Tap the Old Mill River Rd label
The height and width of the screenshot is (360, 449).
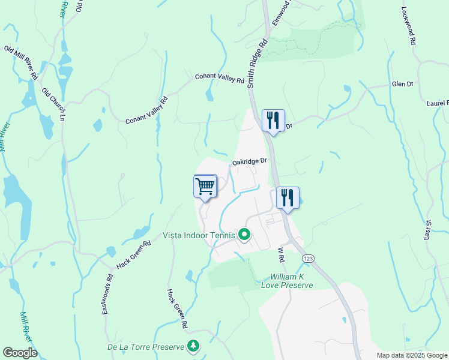(22, 62)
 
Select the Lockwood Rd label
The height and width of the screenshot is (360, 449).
(409, 26)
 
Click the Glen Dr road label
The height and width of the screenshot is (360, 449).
(402, 84)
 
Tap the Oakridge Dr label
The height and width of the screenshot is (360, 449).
(249, 161)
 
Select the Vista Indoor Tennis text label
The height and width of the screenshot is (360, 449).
(200, 235)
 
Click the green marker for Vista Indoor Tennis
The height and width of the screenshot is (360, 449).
(244, 235)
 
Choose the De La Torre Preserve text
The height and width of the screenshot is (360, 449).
(145, 347)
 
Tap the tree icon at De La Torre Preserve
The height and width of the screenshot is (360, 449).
(193, 346)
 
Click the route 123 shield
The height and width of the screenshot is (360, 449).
(308, 257)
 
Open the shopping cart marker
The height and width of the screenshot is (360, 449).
(205, 186)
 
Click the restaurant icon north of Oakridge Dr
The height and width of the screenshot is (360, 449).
(273, 121)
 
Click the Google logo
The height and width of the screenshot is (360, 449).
(20, 353)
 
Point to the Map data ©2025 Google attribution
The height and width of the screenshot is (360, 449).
(412, 355)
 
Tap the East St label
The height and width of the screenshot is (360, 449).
(428, 230)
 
